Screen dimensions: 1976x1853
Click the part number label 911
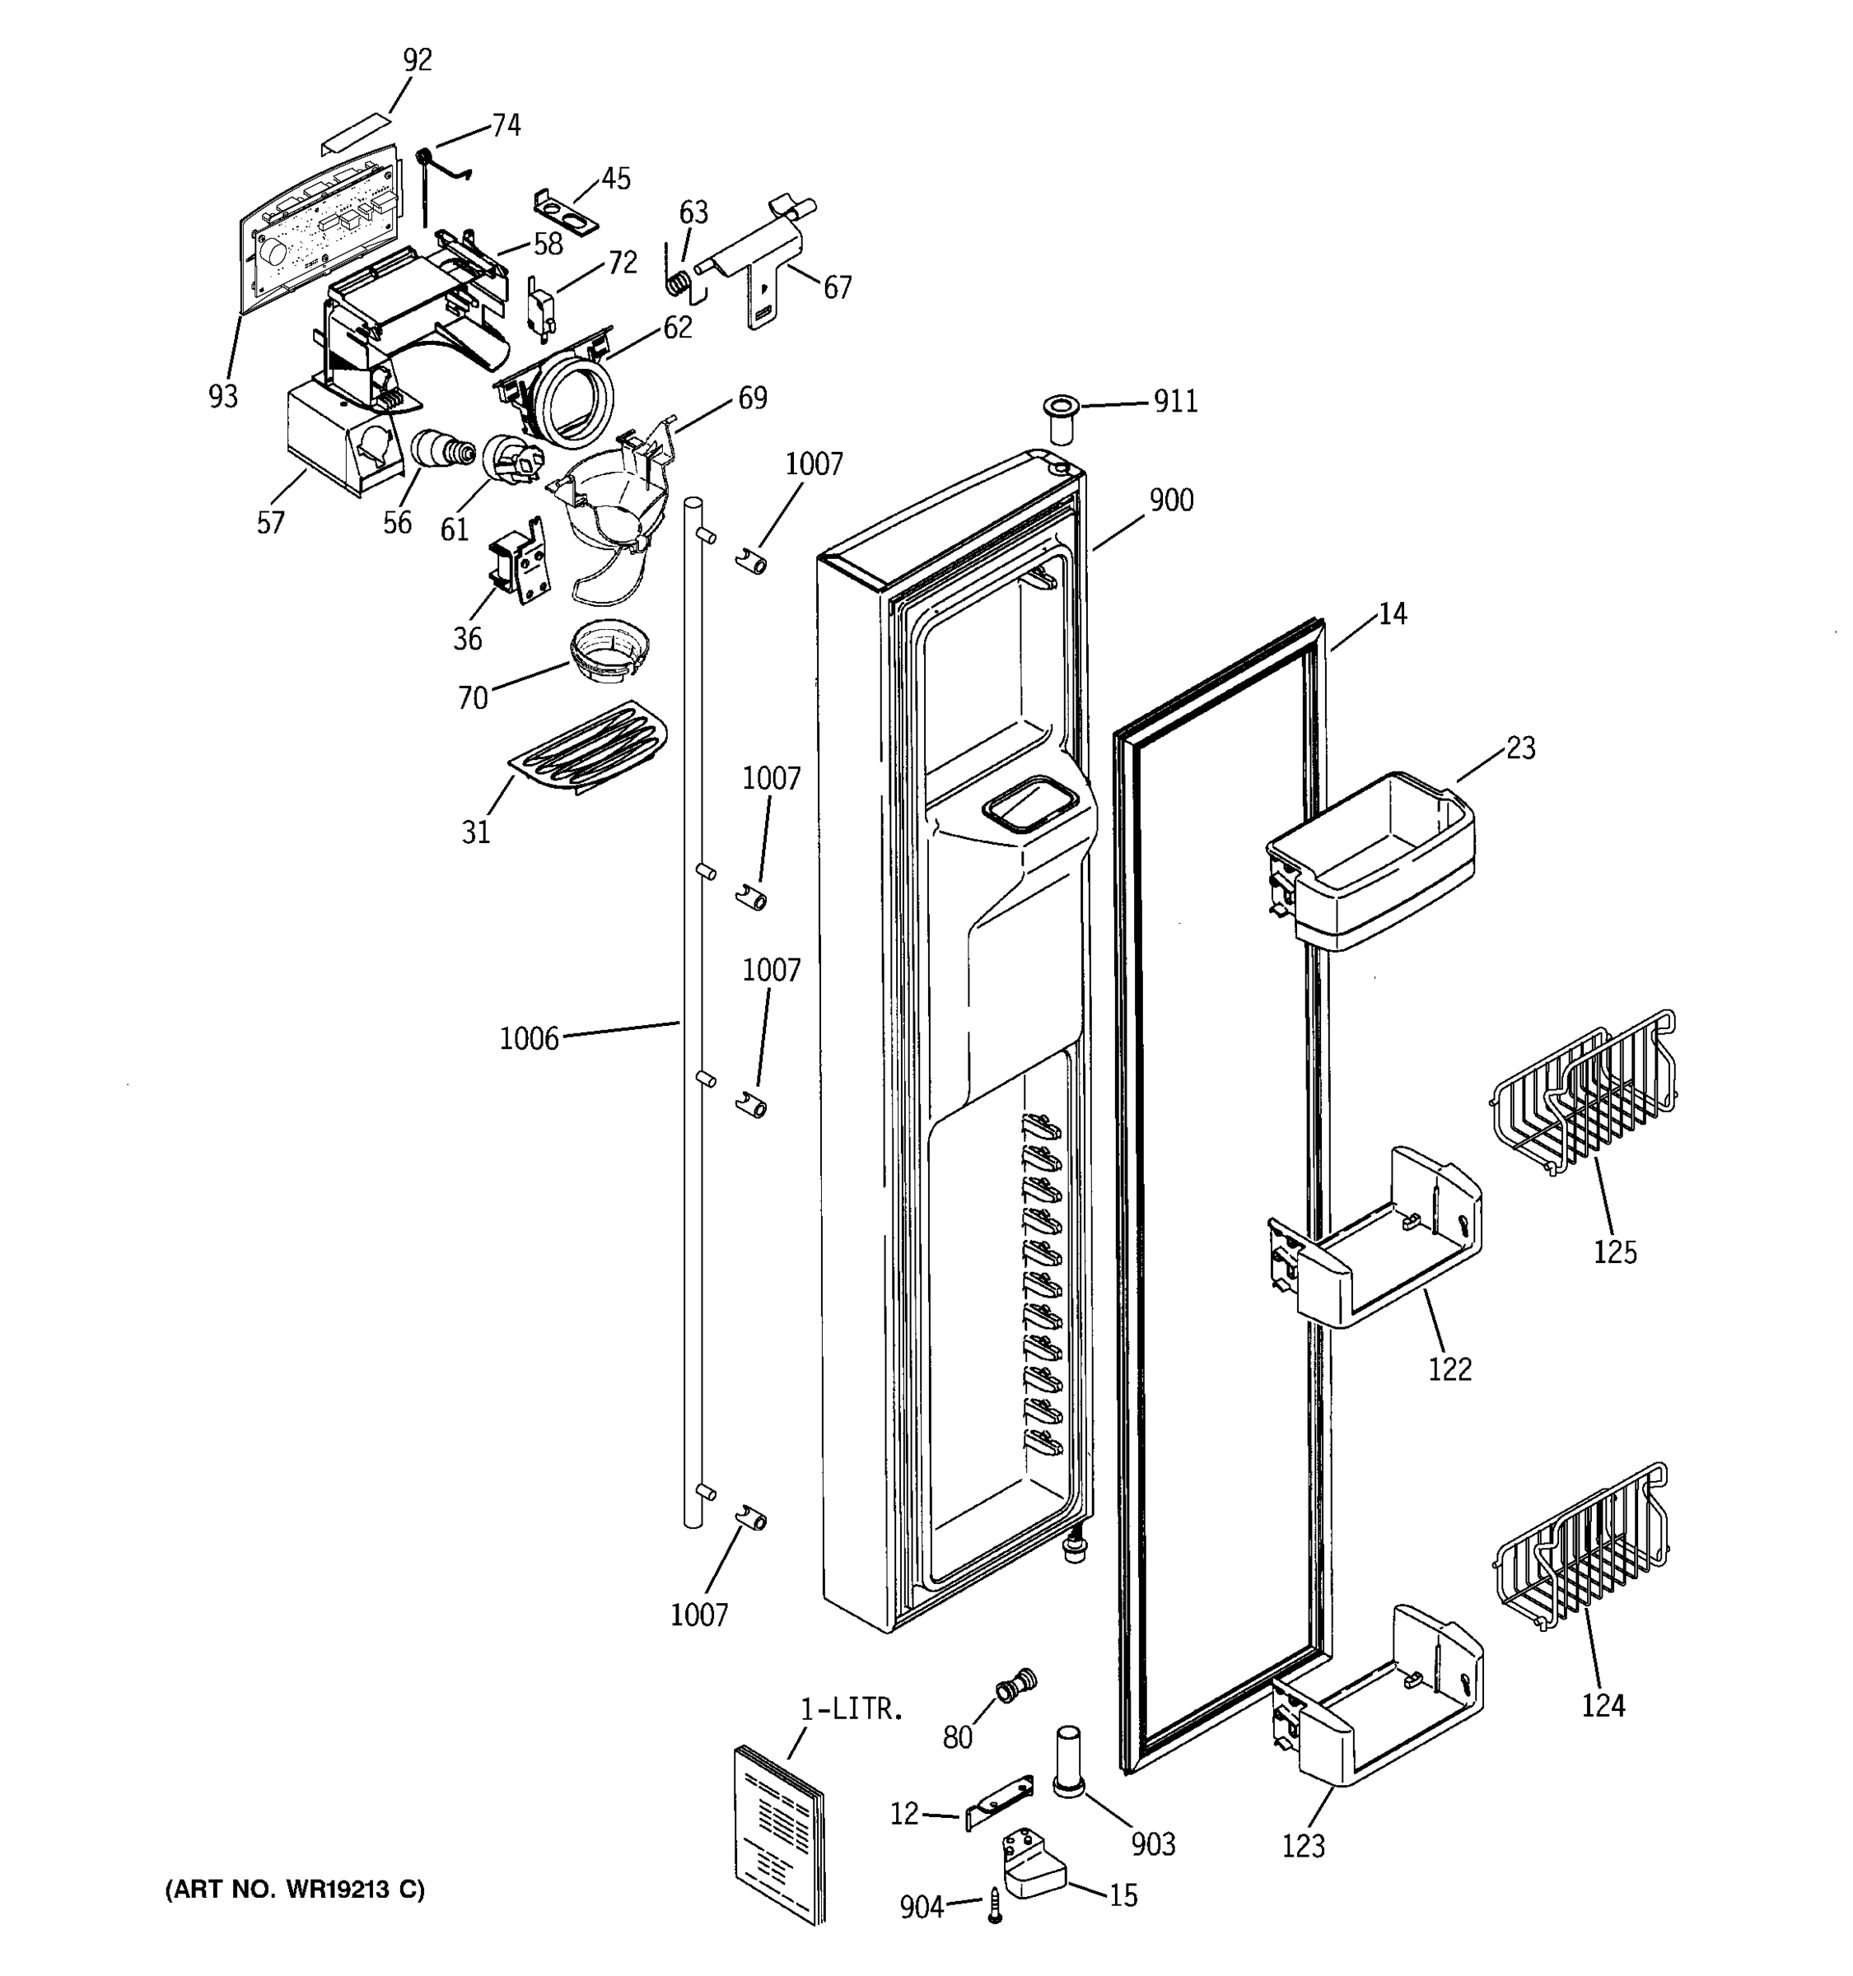1175,402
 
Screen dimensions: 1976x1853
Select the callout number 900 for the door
1171,500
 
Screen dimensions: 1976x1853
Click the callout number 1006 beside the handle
529,1040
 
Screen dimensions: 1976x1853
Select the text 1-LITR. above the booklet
852,1709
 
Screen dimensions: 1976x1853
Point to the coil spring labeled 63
677,282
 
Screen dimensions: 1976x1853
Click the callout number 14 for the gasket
1393,614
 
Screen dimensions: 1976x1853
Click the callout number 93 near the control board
222,397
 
